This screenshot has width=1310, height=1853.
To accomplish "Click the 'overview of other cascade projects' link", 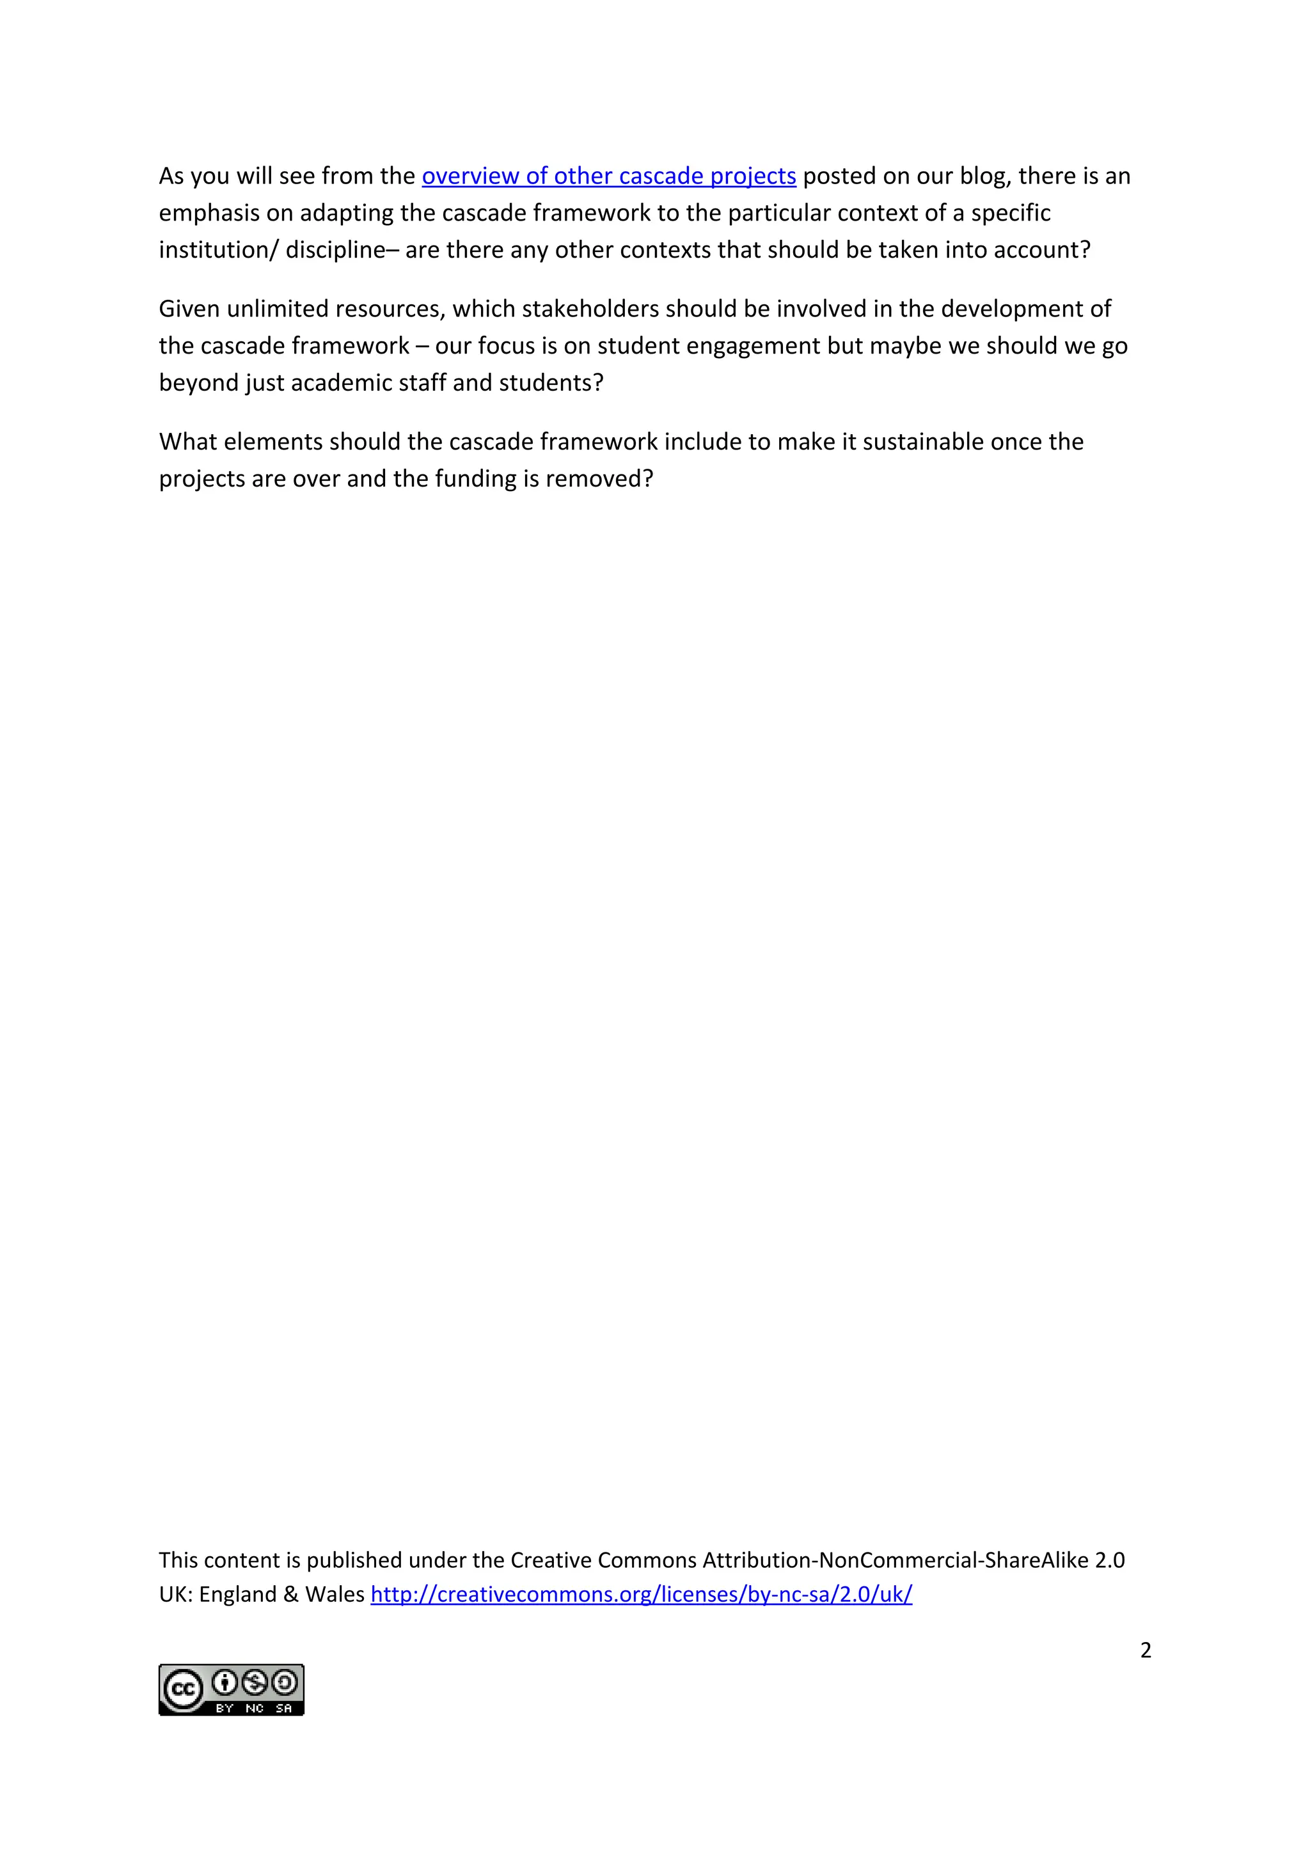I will (x=608, y=176).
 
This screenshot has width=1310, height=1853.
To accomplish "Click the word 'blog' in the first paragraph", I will (x=982, y=176).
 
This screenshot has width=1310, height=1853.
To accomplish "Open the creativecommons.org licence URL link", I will (x=641, y=1594).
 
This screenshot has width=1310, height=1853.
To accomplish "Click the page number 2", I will (x=1146, y=1650).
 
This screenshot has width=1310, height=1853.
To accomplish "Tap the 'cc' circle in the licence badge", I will (x=183, y=1689).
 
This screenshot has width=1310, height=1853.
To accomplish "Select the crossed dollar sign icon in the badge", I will (x=255, y=1683).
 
